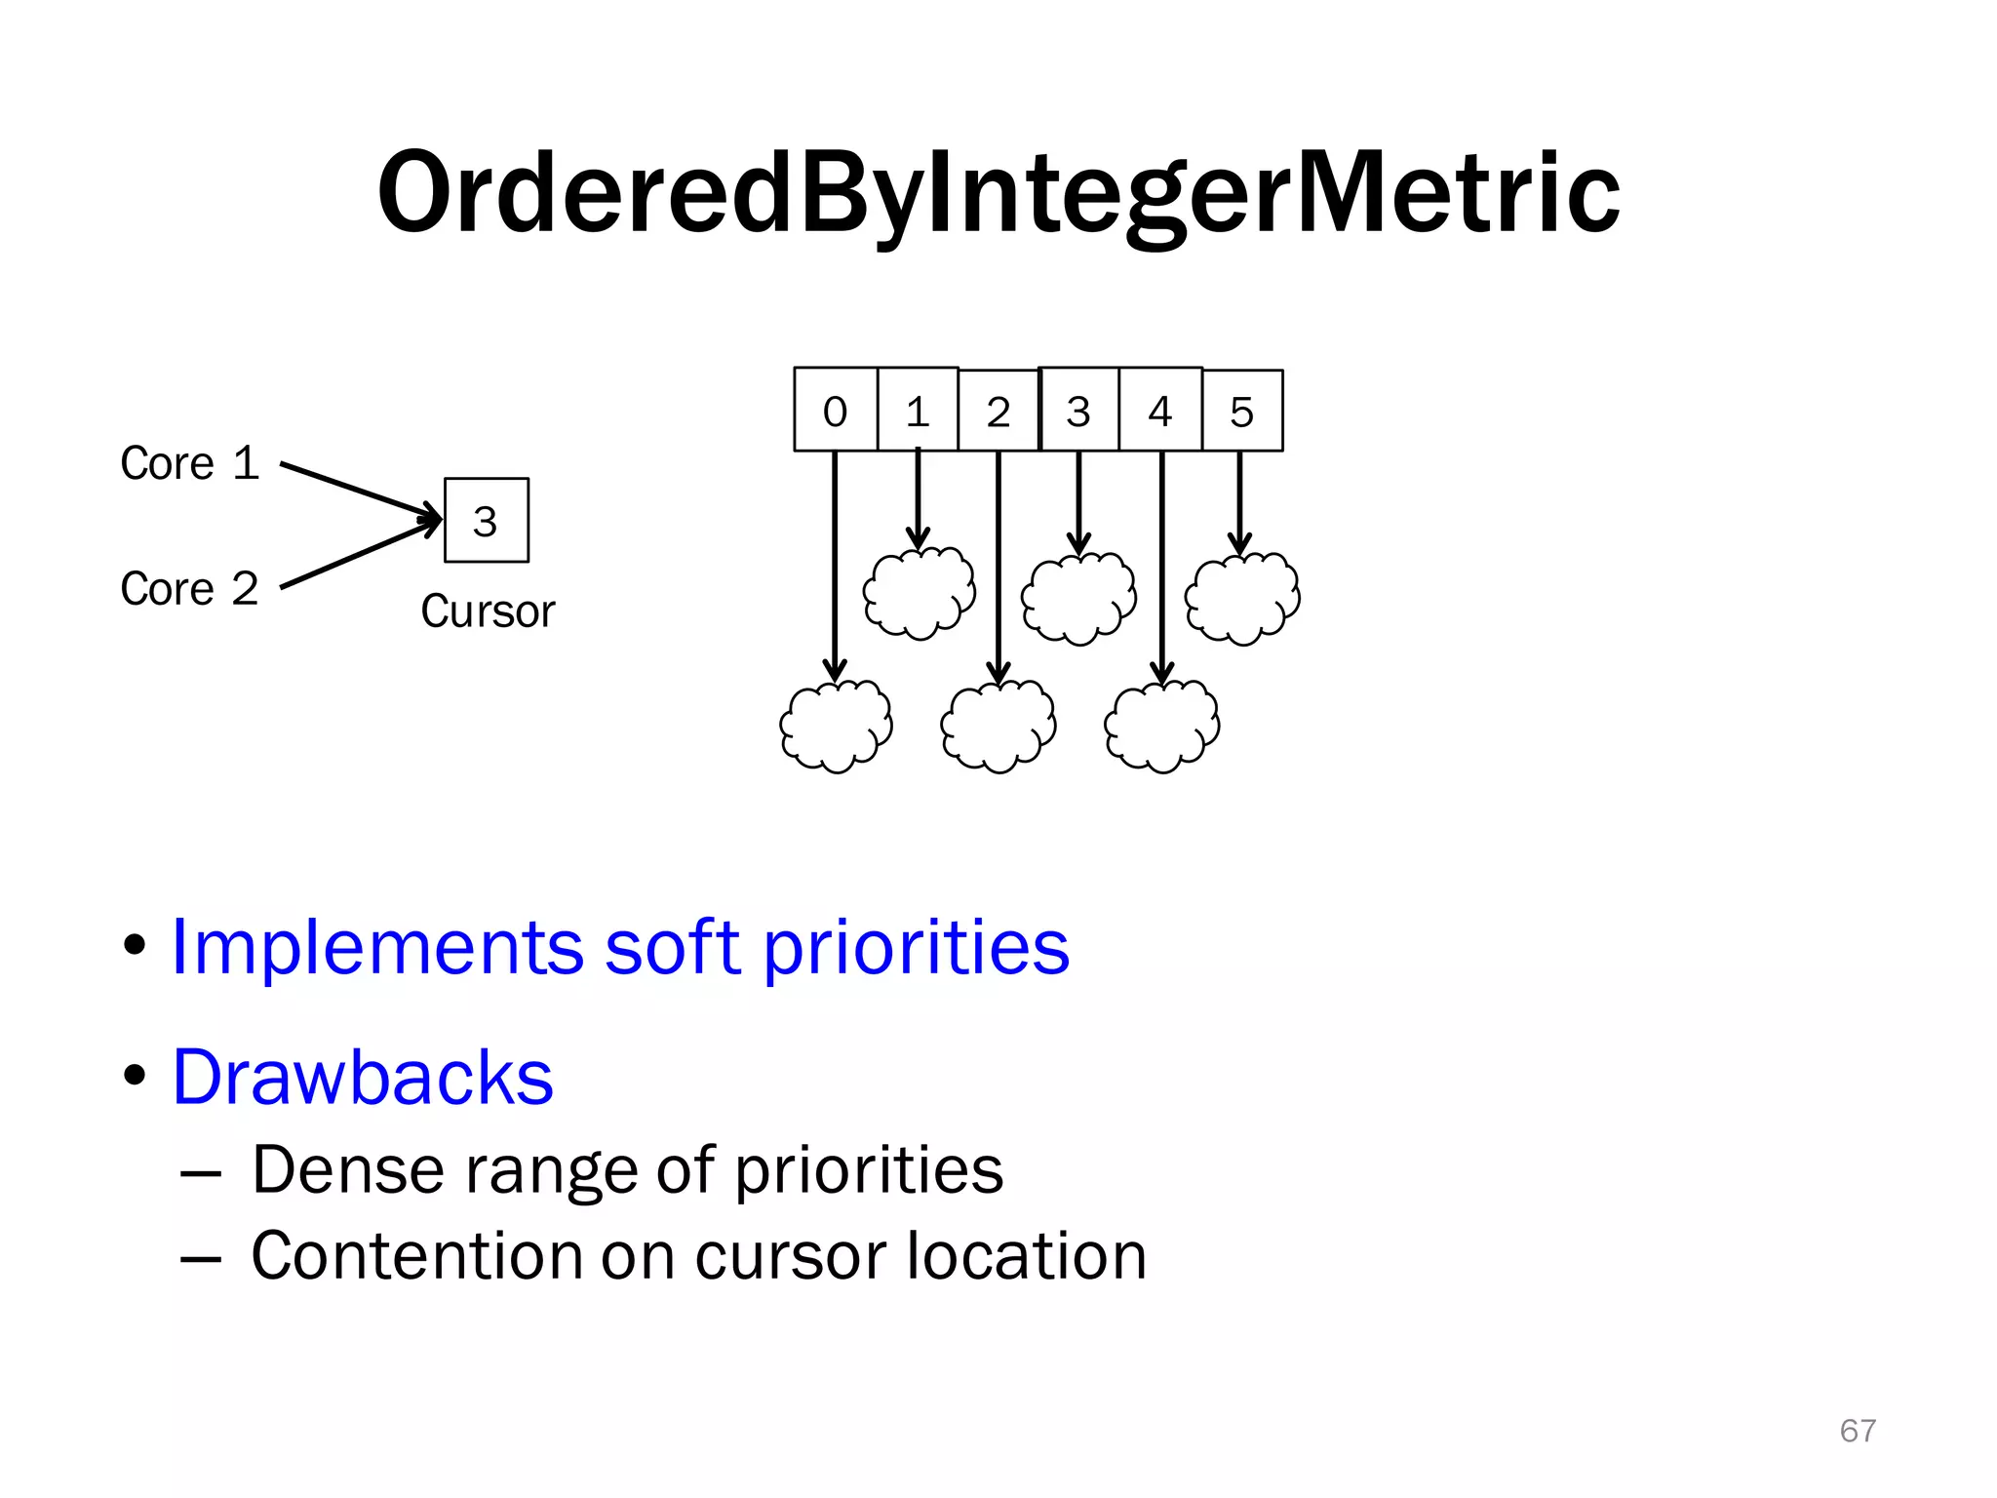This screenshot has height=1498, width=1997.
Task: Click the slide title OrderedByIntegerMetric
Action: coord(998,192)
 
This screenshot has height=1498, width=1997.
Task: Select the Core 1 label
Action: coord(189,463)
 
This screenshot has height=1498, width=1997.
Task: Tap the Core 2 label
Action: coord(189,589)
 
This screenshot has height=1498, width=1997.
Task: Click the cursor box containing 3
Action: coord(486,520)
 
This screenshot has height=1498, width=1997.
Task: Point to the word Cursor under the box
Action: coord(488,612)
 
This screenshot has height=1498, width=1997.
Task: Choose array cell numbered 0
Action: coord(836,411)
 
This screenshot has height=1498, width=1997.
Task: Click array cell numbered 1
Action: coord(918,411)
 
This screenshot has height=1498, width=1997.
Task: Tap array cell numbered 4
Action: coord(1160,411)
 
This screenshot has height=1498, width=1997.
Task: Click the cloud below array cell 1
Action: coord(919,593)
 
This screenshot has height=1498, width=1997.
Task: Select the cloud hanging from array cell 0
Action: coord(836,727)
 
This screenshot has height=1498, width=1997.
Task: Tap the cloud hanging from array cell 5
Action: coord(1242,598)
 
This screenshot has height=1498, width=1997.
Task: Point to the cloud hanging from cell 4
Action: coord(1161,727)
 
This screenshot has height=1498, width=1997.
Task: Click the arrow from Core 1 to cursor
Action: coord(361,490)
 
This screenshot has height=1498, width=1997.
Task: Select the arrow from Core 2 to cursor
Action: coord(361,555)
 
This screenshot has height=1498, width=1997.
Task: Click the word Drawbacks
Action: coord(363,1078)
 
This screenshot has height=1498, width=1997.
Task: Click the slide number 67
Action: coord(1858,1431)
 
